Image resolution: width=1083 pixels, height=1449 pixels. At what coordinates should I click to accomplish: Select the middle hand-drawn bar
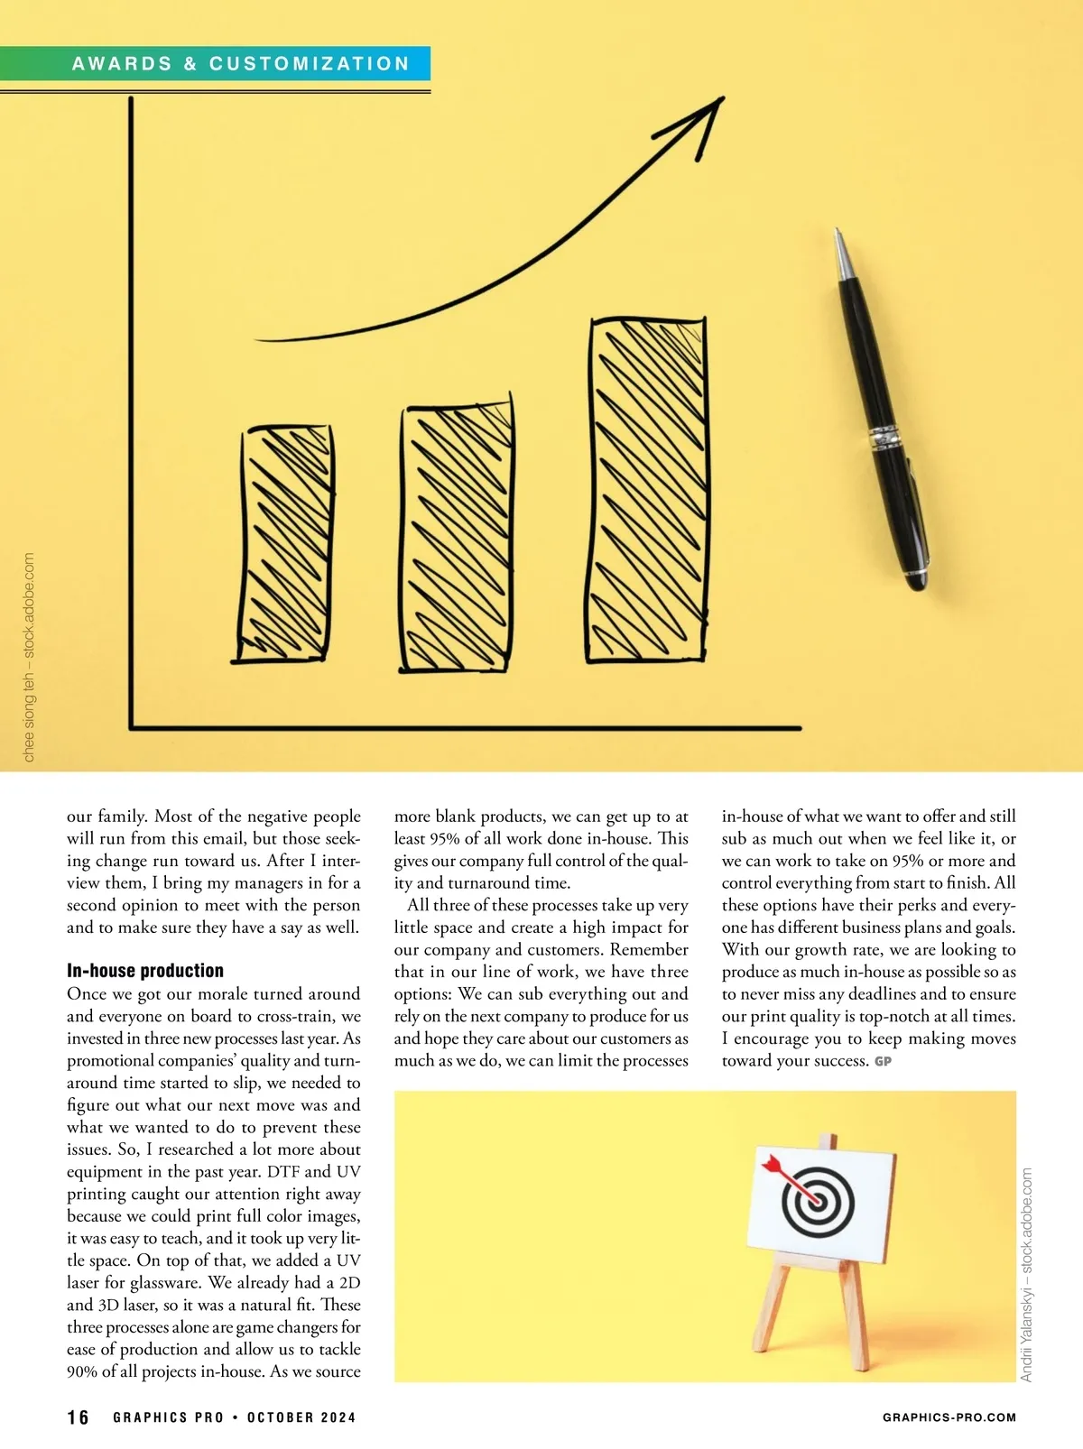tap(457, 538)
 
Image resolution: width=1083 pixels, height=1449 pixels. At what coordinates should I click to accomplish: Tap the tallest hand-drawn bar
tap(646, 492)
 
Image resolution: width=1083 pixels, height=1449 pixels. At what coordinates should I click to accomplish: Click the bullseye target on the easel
tap(818, 1201)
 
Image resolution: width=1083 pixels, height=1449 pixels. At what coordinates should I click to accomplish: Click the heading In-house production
tap(145, 971)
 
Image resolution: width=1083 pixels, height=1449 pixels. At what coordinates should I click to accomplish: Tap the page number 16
tap(79, 1417)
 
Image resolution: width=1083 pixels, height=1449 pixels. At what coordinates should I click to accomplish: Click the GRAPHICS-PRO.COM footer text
tap(949, 1417)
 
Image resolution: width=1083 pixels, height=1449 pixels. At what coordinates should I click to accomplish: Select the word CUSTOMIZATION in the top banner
tap(310, 64)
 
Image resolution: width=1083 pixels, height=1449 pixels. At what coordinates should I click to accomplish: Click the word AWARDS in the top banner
tap(122, 64)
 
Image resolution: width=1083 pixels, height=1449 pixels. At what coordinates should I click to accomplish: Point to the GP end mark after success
tap(883, 1062)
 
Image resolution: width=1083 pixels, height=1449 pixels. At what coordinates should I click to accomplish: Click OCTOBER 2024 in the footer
tap(301, 1417)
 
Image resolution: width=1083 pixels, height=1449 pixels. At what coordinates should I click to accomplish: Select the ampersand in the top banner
tap(190, 64)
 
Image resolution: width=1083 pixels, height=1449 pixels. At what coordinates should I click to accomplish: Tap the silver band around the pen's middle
tap(886, 438)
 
